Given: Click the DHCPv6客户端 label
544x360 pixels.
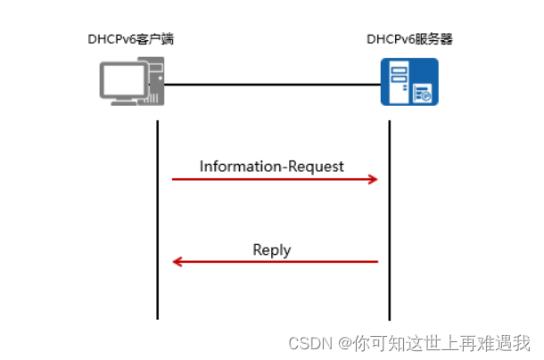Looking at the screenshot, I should coord(130,40).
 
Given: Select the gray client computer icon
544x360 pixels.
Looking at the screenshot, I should coord(131,83).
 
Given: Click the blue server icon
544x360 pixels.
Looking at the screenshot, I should coord(409,82).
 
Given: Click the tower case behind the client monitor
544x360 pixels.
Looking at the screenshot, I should coord(154,79).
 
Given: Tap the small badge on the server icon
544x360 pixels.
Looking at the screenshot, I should coord(425,93).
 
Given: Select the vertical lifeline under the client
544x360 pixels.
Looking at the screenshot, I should coord(158,223).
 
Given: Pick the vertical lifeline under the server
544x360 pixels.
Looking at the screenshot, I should coord(390,223).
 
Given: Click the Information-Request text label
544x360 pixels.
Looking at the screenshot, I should coord(271,166).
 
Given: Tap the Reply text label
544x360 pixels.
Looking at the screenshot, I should coord(271,250).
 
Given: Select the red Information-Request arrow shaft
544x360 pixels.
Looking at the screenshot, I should coord(268,179).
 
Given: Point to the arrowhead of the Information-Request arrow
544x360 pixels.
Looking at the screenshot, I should coord(373,179).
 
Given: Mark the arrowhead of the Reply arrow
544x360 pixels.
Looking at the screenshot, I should coord(177,262).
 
